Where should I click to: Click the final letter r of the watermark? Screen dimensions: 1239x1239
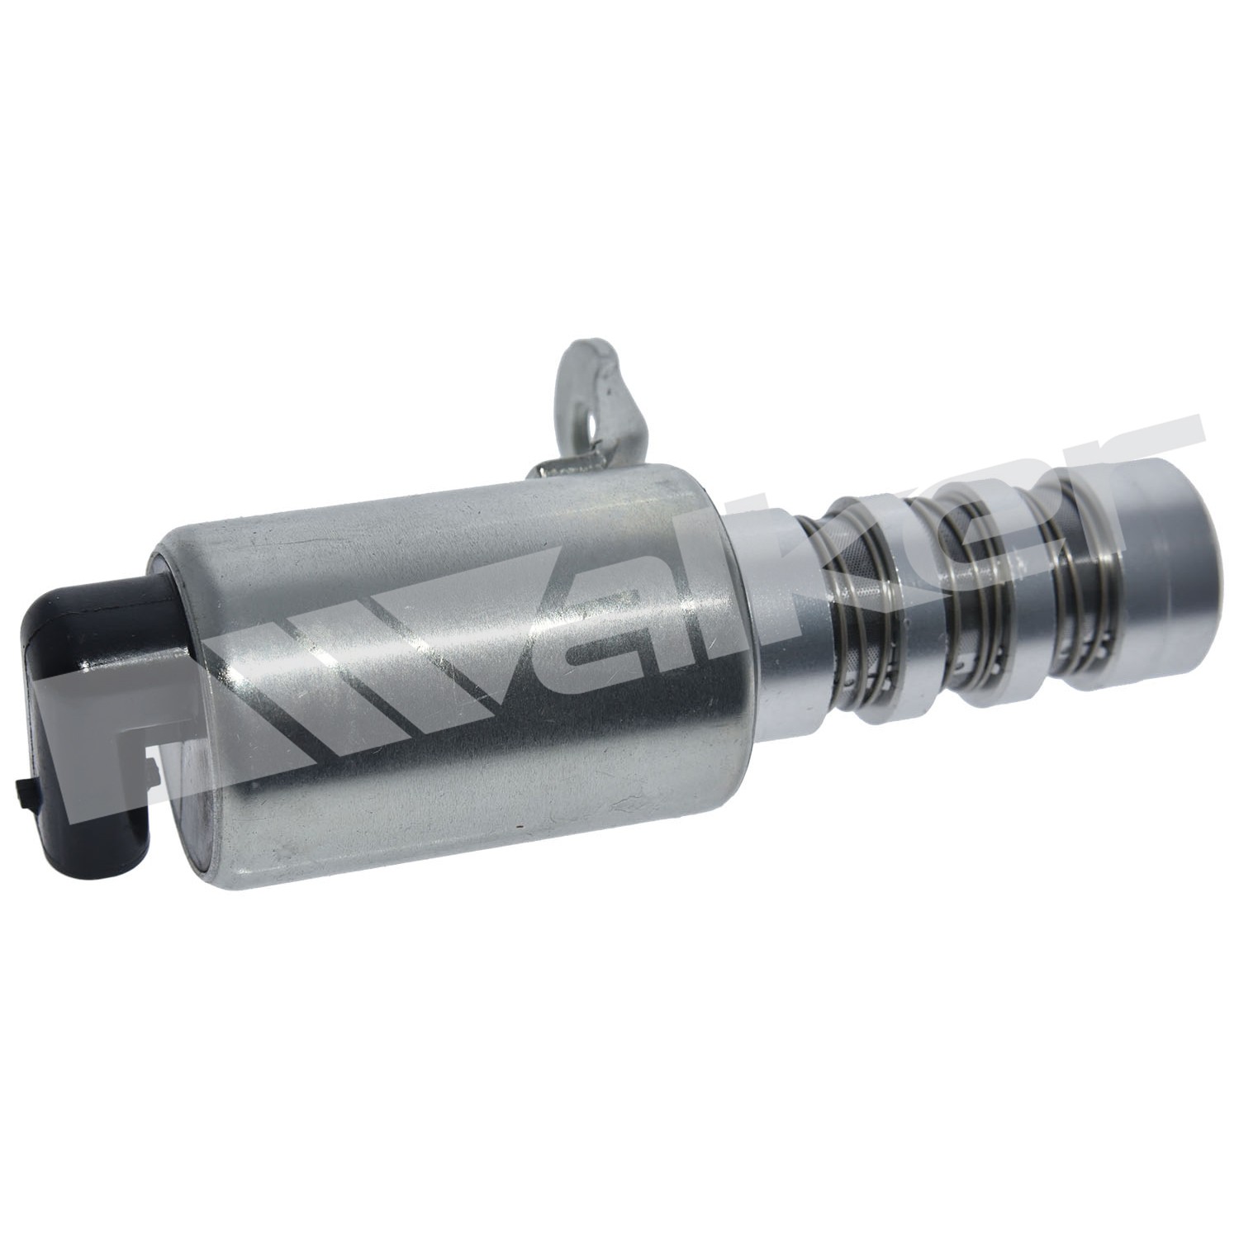click(1140, 471)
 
